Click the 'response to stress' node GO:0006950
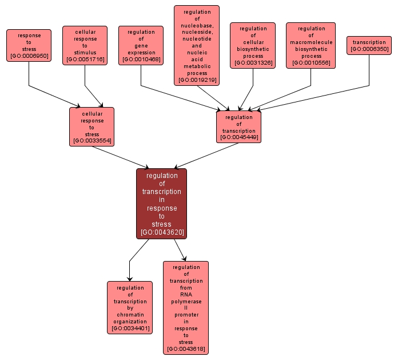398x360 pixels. pyautogui.click(x=29, y=46)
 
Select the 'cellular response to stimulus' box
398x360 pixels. pyautogui.click(x=85, y=46)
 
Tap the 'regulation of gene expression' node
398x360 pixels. pyautogui.click(x=141, y=46)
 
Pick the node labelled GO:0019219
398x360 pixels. pyautogui.click(x=197, y=46)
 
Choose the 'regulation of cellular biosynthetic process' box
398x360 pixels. pyautogui.click(x=253, y=46)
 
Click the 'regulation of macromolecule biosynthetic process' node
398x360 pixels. pyautogui.click(x=311, y=46)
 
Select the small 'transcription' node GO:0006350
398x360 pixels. pyautogui.click(x=369, y=46)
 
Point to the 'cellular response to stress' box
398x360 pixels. pyautogui.click(x=91, y=126)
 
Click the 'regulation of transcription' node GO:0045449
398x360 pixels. pyautogui.click(x=238, y=126)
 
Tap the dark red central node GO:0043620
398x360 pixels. pyautogui.click(x=161, y=203)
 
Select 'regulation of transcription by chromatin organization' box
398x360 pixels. pyautogui.click(x=130, y=307)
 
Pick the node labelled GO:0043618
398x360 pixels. pyautogui.click(x=186, y=307)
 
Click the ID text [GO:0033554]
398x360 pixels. pyautogui.click(x=91, y=141)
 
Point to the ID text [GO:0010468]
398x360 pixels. pyautogui.click(x=141, y=59)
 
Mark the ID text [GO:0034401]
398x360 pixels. pyautogui.click(x=130, y=329)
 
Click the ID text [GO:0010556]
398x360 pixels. pyautogui.click(x=311, y=63)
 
